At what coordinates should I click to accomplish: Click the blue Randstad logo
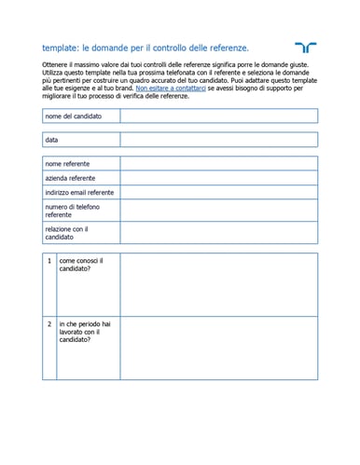tap(304, 47)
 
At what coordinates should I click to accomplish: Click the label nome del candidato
tap(74, 116)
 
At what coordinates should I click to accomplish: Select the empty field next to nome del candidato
tap(218, 116)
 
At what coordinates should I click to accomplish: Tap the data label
tap(51, 140)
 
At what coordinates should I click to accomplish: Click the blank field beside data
tap(218, 140)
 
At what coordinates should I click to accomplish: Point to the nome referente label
tap(68, 163)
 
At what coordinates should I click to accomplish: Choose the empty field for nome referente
tap(218, 163)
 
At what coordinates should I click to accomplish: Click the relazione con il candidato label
tap(67, 233)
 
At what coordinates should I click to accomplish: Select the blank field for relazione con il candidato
tap(218, 233)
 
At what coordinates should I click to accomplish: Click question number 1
tap(49, 261)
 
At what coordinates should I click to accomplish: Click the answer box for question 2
tap(218, 347)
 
